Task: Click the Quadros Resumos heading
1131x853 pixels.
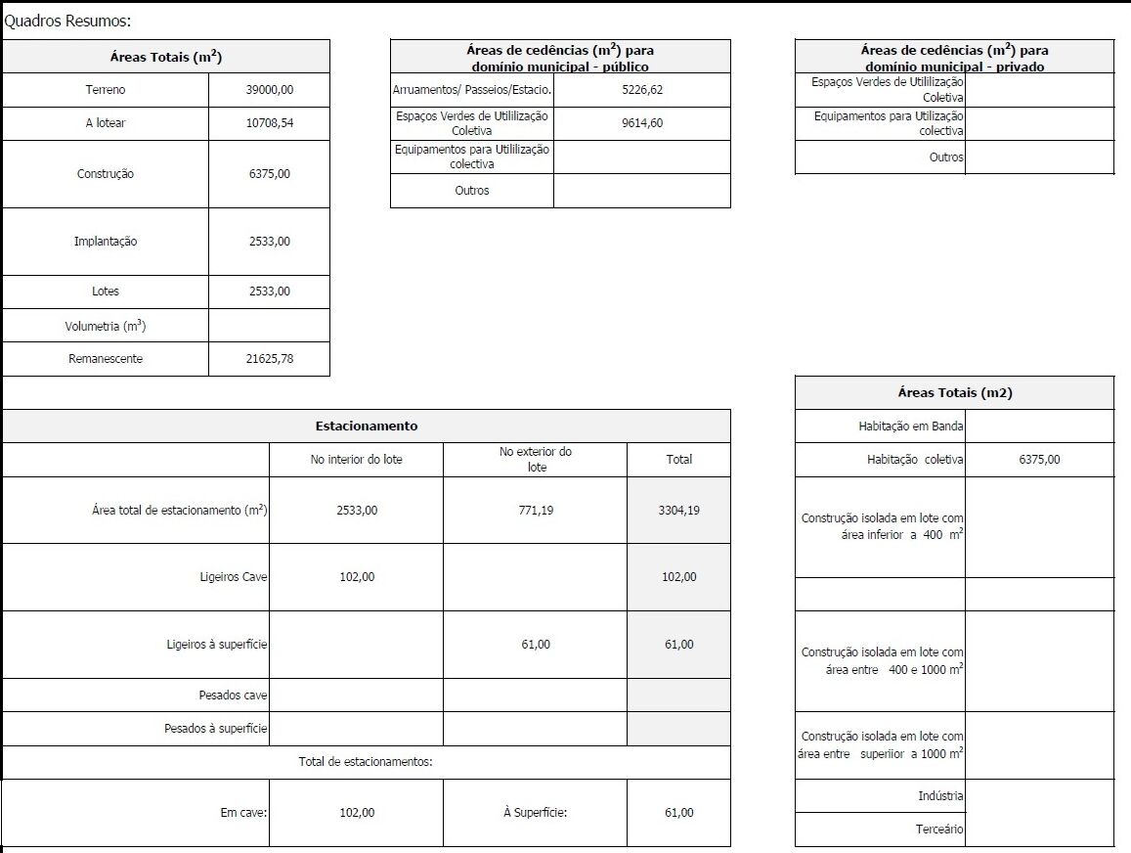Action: click(67, 21)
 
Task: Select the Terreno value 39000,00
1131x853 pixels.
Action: click(270, 90)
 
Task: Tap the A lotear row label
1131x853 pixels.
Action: click(106, 123)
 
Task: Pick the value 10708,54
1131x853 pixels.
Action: click(270, 123)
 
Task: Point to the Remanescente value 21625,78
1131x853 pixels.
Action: click(270, 359)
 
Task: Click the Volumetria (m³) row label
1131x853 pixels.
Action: click(106, 326)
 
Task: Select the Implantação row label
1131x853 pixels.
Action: click(106, 242)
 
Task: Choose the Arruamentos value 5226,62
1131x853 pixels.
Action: click(641, 90)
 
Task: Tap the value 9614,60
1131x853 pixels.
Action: click(641, 123)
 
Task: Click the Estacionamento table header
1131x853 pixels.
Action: click(367, 426)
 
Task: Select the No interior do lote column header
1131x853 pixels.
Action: click(356, 460)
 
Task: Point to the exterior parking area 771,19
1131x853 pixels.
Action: click(535, 511)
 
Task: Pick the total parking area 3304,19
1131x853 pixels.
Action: click(678, 511)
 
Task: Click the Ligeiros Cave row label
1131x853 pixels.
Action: click(233, 577)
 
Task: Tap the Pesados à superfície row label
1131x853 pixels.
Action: click(215, 729)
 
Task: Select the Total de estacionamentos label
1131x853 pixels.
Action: click(366, 762)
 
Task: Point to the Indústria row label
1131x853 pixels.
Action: click(941, 796)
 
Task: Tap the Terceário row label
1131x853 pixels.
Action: click(938, 830)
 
